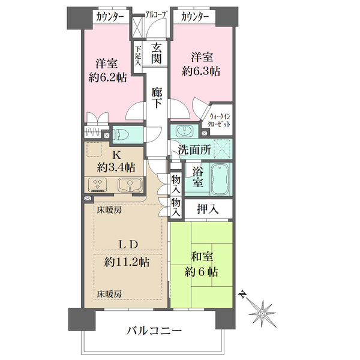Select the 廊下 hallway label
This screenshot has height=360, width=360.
tap(157, 97)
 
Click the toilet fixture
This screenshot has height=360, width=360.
tap(123, 134)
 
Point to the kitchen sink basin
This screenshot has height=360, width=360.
tap(128, 184)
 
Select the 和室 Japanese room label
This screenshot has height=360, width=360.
tap(201, 256)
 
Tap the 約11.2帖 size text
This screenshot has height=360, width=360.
tap(127, 262)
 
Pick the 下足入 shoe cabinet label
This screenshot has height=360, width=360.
tap(138, 55)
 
